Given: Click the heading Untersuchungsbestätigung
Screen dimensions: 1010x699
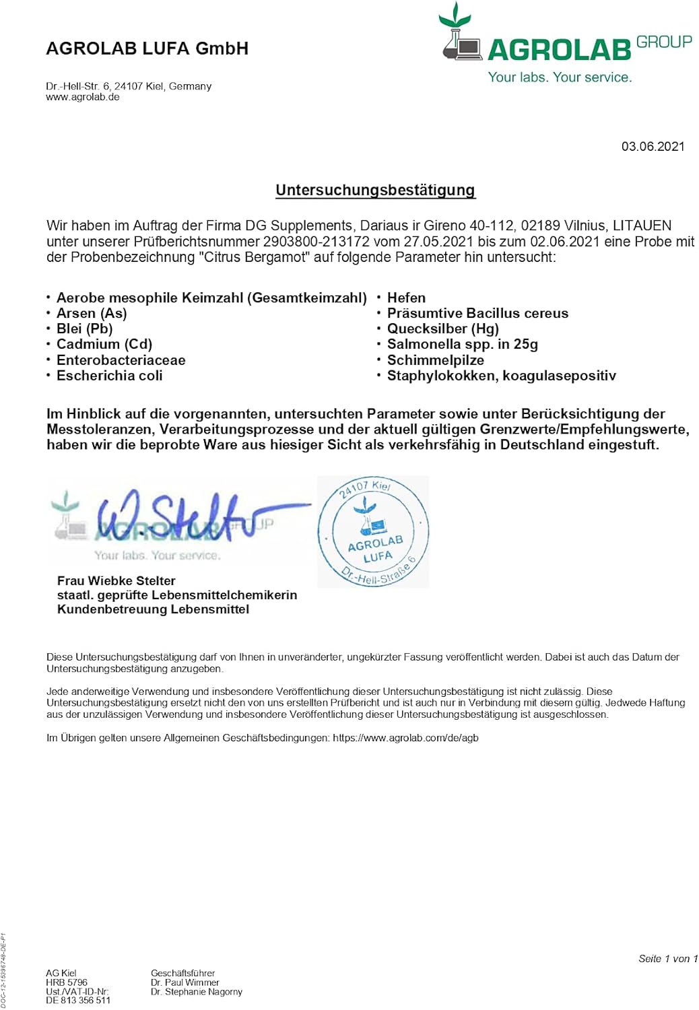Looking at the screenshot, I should point(375,190).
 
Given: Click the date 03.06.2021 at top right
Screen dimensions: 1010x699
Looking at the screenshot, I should point(652,146).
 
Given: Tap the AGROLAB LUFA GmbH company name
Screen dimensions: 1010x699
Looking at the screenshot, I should point(147,48).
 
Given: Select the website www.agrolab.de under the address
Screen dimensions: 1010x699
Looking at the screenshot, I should point(83,97).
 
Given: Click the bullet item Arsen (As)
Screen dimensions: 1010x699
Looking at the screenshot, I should point(92,313).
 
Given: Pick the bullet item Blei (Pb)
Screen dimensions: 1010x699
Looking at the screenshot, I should point(84,329).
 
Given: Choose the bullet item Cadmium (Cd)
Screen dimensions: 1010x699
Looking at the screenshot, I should point(104,344).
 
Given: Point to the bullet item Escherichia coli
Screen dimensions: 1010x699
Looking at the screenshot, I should point(109,376).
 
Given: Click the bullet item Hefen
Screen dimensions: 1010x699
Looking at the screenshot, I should point(406,298).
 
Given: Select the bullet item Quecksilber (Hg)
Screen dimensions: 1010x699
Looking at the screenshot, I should point(442,329).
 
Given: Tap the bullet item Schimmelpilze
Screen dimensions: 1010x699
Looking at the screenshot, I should point(435,360).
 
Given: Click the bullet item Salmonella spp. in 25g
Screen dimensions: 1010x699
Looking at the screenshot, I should point(462,344).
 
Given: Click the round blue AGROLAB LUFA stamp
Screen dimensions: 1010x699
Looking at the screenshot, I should point(373,532).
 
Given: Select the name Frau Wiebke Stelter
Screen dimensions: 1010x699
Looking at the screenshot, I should point(116,580).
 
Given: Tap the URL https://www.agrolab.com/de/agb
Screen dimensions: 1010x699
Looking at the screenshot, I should point(405,738).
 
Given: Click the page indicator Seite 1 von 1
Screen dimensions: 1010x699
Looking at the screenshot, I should point(667,959).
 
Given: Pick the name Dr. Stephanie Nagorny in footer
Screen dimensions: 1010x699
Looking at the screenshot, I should point(197,992).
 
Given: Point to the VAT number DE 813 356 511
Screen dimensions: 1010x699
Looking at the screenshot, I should point(78,1001).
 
